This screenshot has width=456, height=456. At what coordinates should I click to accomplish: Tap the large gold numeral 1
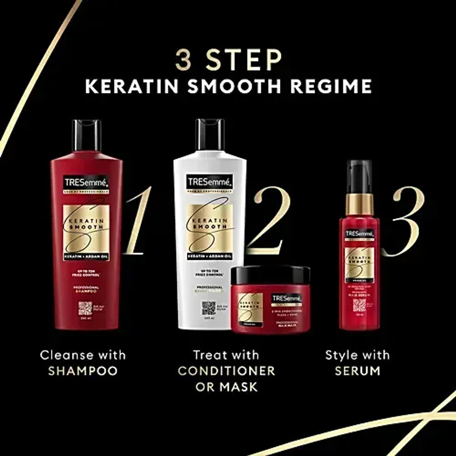(138, 220)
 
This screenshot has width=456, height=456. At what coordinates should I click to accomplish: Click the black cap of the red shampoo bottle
(87, 135)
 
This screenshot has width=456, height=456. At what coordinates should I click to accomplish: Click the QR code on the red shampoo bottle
(85, 308)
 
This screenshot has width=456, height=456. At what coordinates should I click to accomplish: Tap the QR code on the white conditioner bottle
(209, 308)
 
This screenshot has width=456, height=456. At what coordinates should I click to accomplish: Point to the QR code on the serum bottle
(359, 305)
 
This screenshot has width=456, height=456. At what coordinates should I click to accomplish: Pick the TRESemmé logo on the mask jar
(286, 299)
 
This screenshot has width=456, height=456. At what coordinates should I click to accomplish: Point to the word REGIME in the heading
(331, 86)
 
